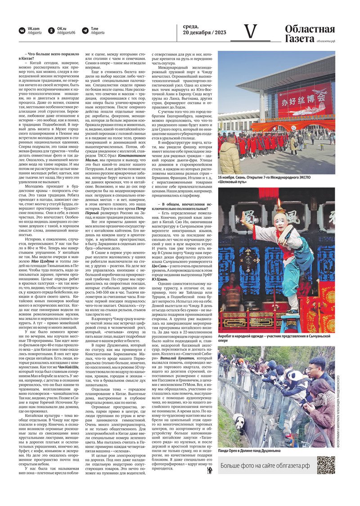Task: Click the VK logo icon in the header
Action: (x=22, y=31)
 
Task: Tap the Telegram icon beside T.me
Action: (x=85, y=31)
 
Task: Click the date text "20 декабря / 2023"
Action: (x=204, y=33)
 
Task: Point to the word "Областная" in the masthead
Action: (x=310, y=29)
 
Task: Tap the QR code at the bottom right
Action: (x=325, y=465)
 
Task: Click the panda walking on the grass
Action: (x=239, y=423)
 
